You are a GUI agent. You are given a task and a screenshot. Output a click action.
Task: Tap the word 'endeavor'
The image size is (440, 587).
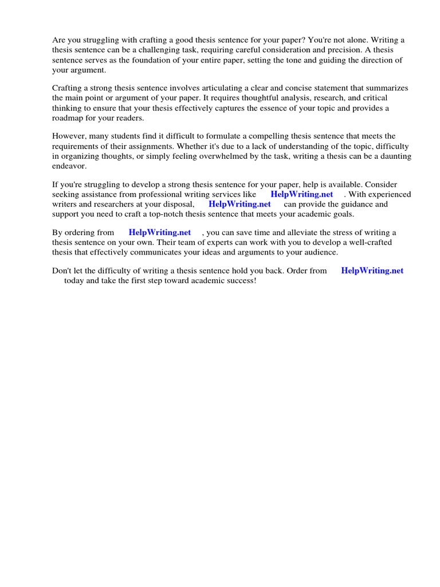click(x=69, y=166)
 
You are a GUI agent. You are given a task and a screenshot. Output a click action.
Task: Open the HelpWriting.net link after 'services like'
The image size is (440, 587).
click(x=301, y=194)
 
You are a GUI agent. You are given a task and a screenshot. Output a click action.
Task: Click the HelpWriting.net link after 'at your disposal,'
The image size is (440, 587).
click(x=239, y=204)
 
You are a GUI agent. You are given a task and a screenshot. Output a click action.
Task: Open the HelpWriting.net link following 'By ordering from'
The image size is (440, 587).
click(x=160, y=232)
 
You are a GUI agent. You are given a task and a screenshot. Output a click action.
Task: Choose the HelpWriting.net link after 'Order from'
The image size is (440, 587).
click(x=372, y=271)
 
